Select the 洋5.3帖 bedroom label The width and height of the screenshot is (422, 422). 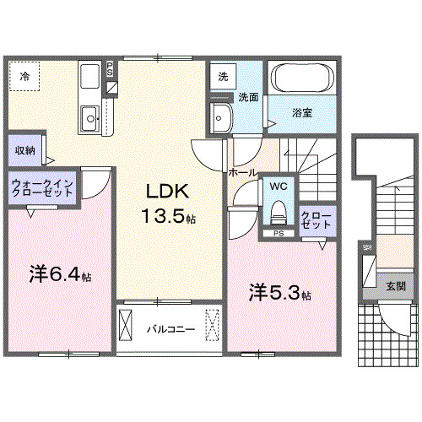279,293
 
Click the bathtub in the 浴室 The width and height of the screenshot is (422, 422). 303,80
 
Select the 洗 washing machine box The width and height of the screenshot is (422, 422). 223,75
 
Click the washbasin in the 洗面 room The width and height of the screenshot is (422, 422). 221,118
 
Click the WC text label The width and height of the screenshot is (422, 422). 278,185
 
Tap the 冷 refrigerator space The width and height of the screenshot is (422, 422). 24,77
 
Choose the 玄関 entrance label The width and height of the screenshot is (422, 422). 396,286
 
